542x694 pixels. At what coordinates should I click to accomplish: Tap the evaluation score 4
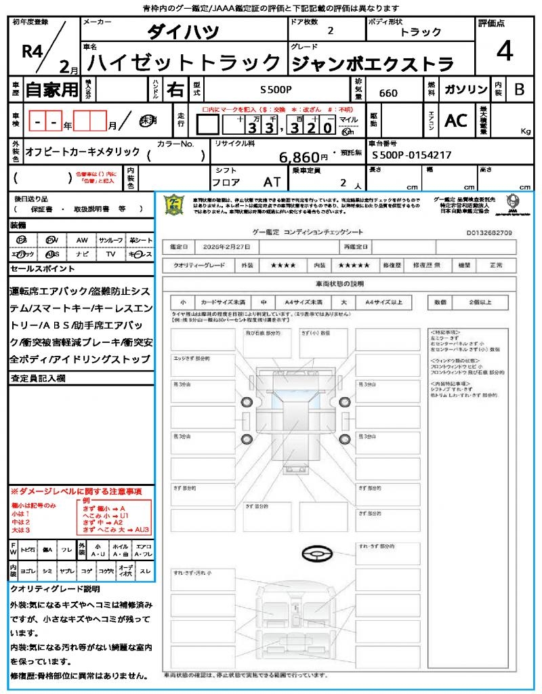coord(504,52)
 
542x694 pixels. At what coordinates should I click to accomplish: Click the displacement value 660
coord(388,93)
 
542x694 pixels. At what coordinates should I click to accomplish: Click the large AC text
coord(456,121)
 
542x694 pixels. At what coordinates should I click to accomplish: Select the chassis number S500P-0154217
coord(412,155)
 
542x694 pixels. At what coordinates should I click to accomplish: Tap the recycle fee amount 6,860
coord(299,157)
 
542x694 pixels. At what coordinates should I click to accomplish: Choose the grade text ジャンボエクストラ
coord(372,64)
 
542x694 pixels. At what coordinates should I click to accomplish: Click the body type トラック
coord(420,32)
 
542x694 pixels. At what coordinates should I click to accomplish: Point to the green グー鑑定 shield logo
coord(175,205)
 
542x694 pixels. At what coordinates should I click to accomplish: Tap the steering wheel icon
coord(316,555)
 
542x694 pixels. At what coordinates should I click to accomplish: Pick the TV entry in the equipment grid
coord(110,254)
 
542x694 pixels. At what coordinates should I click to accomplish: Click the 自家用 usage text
coord(51,89)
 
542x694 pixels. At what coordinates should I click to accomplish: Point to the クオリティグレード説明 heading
coord(55,589)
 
